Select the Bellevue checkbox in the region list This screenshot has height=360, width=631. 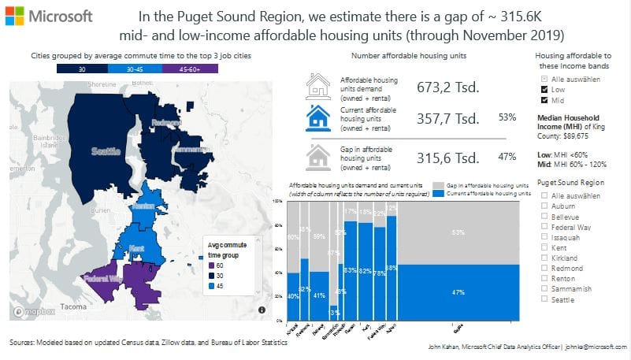[x=544, y=217]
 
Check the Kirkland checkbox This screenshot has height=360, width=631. [x=544, y=258]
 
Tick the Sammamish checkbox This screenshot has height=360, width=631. [x=544, y=288]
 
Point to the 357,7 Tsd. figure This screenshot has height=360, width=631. [x=448, y=118]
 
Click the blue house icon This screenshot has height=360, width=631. [x=317, y=118]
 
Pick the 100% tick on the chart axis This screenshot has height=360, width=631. [x=279, y=201]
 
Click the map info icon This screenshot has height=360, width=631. [x=261, y=310]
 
